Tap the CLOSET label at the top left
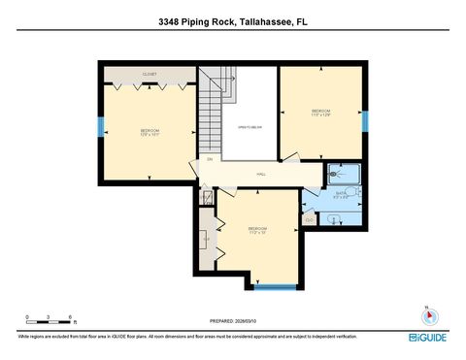(x=150, y=73)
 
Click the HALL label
(x=261, y=174)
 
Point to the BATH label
(x=341, y=193)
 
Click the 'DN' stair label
(x=209, y=158)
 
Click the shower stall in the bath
(x=345, y=174)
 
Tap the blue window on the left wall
(x=100, y=127)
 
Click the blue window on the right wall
(x=365, y=120)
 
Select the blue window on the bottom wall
(x=275, y=285)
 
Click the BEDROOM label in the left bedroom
(x=150, y=131)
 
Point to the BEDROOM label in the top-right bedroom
(x=320, y=112)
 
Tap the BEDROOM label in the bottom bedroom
(x=257, y=229)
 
